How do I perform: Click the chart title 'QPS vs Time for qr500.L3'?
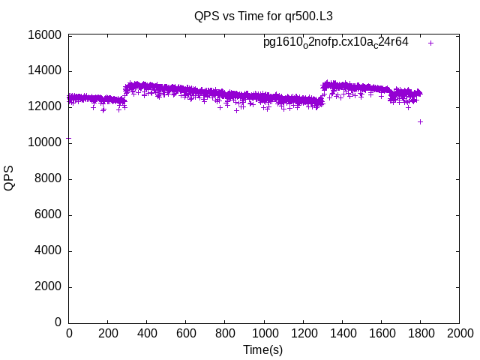click(263, 16)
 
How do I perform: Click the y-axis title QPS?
click(9, 178)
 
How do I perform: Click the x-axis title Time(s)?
click(262, 349)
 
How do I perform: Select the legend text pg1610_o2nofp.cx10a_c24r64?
click(335, 42)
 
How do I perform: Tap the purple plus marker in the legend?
click(430, 43)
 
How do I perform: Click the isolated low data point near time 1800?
click(421, 121)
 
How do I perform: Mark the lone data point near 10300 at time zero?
click(69, 138)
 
